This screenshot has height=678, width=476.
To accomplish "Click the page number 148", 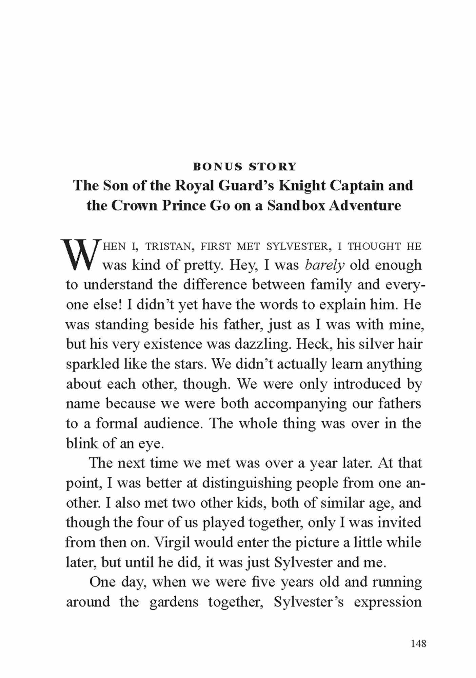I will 418,643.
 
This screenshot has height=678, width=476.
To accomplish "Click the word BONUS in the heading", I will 217,167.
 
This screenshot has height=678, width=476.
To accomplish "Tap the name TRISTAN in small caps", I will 168,246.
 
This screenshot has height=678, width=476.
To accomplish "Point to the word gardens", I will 174,602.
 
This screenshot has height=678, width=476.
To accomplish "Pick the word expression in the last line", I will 388,602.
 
